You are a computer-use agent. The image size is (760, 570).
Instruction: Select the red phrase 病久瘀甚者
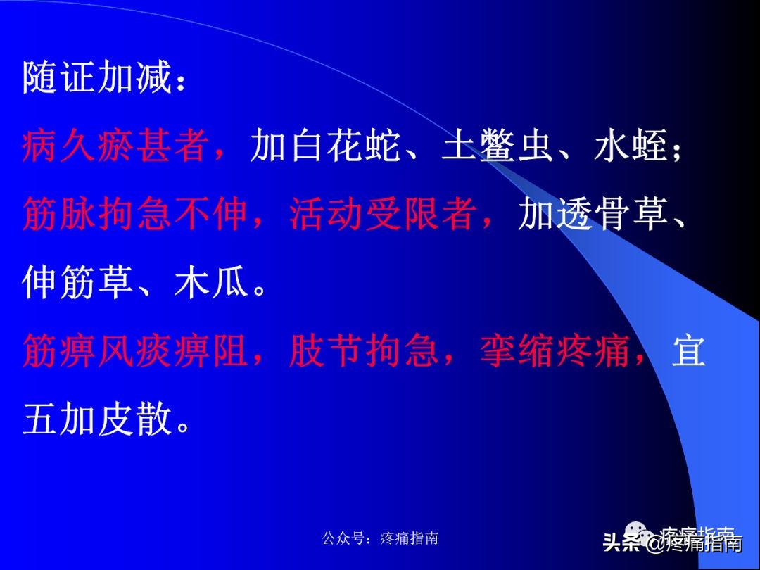click(115, 146)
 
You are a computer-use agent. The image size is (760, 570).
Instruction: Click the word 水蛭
click(631, 146)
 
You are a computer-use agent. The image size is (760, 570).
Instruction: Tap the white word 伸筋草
click(78, 283)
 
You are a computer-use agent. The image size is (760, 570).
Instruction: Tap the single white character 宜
click(689, 351)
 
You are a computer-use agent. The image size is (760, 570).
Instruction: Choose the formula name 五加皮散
click(97, 419)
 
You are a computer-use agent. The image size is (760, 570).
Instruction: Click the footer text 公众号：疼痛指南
click(380, 538)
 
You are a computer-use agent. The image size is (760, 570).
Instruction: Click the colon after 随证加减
click(181, 82)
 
